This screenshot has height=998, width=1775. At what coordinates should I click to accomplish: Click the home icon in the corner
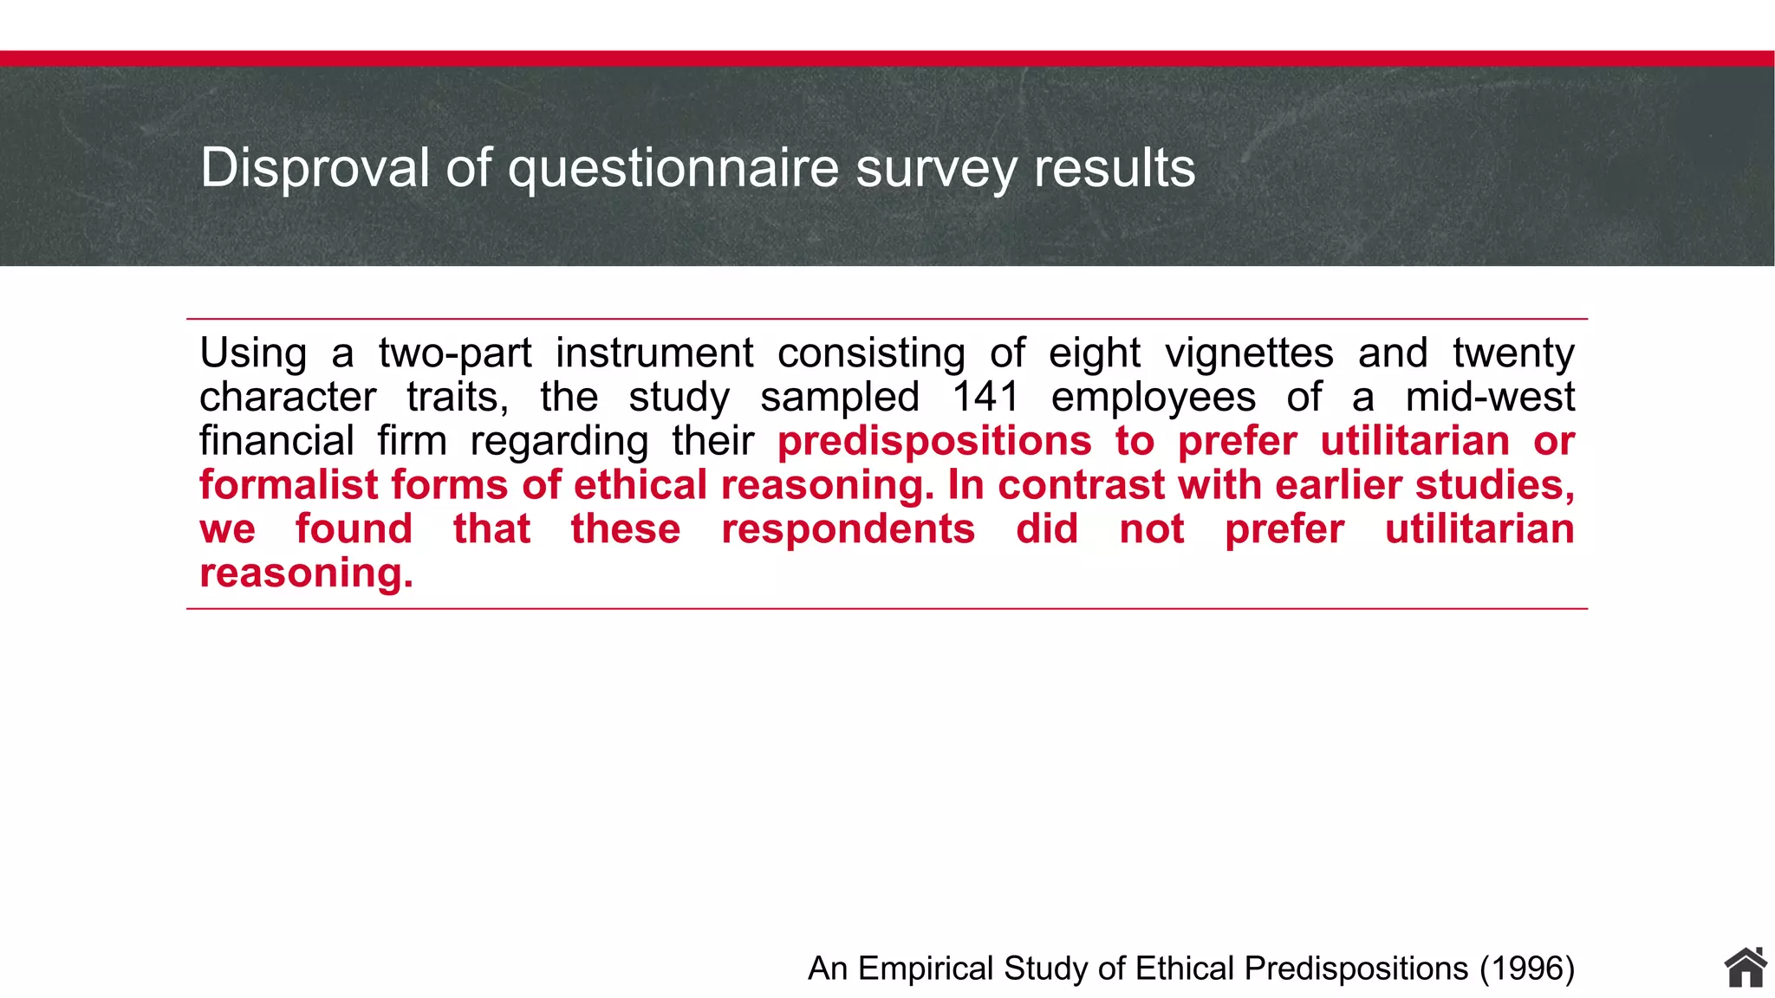coord(1745,968)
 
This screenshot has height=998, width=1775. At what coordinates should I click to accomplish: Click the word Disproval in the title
coord(315,167)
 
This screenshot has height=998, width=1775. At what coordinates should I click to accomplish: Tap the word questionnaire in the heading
coord(673,169)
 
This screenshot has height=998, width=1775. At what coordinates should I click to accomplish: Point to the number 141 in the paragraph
coord(985,397)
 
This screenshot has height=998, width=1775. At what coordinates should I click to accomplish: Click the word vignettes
coord(1249,353)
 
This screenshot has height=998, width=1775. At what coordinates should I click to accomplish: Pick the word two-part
coord(455,353)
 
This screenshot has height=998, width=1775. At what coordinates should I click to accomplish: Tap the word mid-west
coord(1490,397)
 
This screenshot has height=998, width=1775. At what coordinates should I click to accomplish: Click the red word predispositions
coord(933,442)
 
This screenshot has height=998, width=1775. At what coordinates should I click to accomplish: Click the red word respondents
coord(848,529)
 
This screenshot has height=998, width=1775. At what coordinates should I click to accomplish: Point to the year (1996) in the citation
coord(1527,969)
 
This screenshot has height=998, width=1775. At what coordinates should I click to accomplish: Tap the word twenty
coord(1513,353)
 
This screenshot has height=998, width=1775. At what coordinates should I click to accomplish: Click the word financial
coord(276,441)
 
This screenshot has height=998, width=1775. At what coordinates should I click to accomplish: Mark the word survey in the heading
coord(936,169)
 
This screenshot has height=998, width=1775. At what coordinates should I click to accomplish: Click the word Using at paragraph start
coord(253,353)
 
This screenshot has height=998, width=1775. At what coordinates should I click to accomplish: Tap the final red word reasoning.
coord(306,574)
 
